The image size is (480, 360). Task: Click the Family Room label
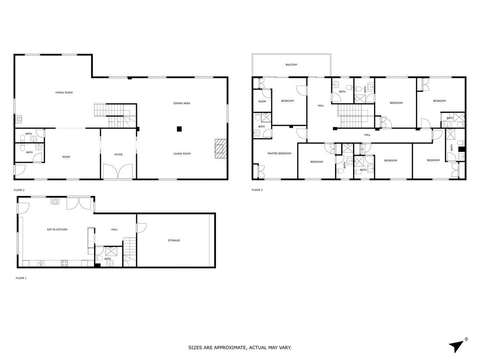[64, 93]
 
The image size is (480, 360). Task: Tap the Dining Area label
[182, 103]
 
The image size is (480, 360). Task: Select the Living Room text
[182, 154]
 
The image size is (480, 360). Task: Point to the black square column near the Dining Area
[179, 129]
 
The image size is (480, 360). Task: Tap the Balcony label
[291, 65]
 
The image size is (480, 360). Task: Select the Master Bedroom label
[279, 153]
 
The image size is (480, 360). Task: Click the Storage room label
[174, 240]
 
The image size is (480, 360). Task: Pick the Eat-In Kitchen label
[57, 229]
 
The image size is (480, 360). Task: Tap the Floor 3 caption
[257, 190]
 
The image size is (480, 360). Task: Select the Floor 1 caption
[21, 278]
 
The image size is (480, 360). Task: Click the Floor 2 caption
[19, 190]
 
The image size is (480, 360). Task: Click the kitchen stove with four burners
[64, 263]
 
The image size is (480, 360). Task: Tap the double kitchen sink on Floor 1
[41, 263]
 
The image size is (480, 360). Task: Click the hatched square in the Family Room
[19, 119]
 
